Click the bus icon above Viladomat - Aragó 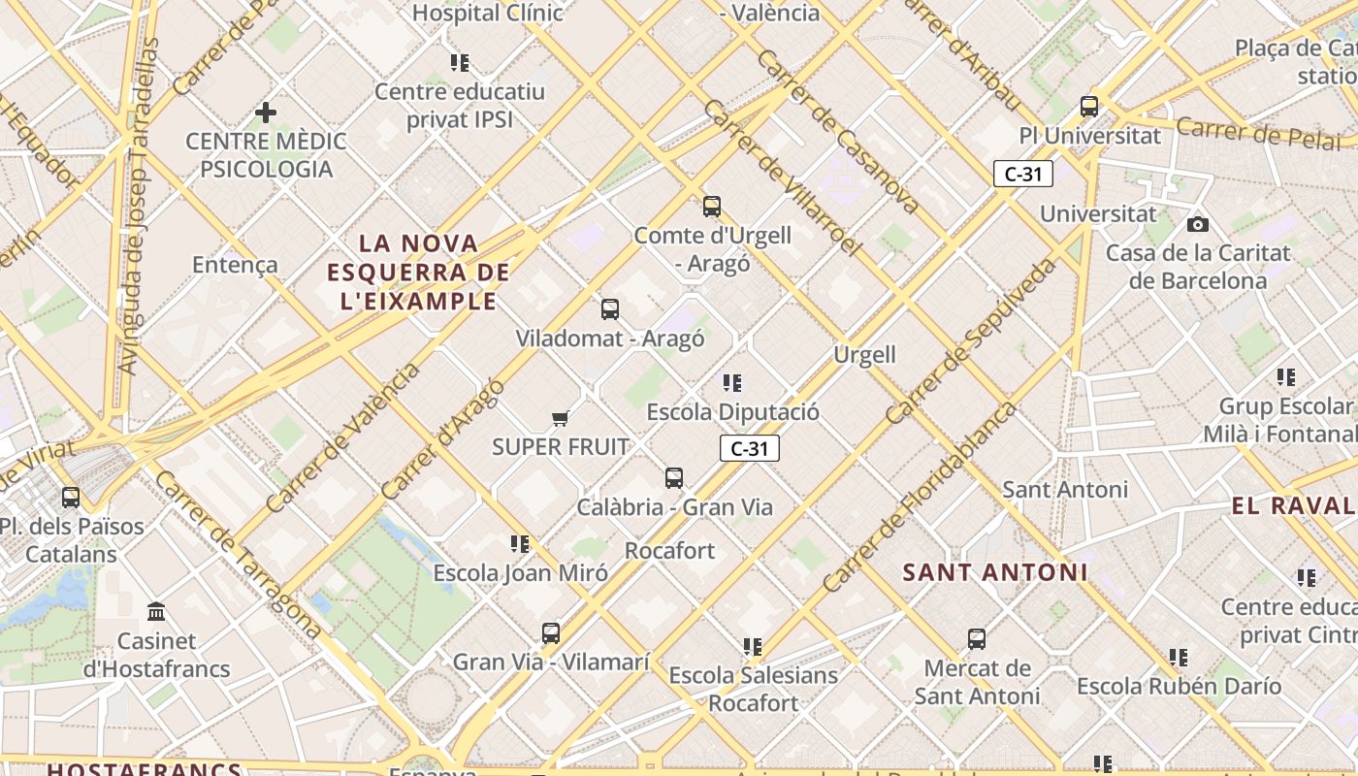(609, 309)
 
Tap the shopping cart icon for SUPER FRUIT (560, 418)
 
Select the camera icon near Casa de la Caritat (1198, 224)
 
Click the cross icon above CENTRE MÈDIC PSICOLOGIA (266, 113)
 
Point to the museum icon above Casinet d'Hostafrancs (156, 612)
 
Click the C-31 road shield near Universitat (1022, 175)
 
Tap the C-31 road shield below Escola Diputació (749, 448)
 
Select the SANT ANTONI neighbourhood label (994, 572)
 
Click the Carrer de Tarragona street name (237, 555)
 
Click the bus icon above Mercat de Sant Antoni (976, 639)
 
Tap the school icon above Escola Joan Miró (520, 544)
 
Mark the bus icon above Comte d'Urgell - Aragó (712, 206)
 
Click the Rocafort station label (669, 551)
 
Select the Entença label (235, 265)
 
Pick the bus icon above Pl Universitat (1088, 107)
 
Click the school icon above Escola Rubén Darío (1178, 658)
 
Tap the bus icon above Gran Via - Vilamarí (551, 633)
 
